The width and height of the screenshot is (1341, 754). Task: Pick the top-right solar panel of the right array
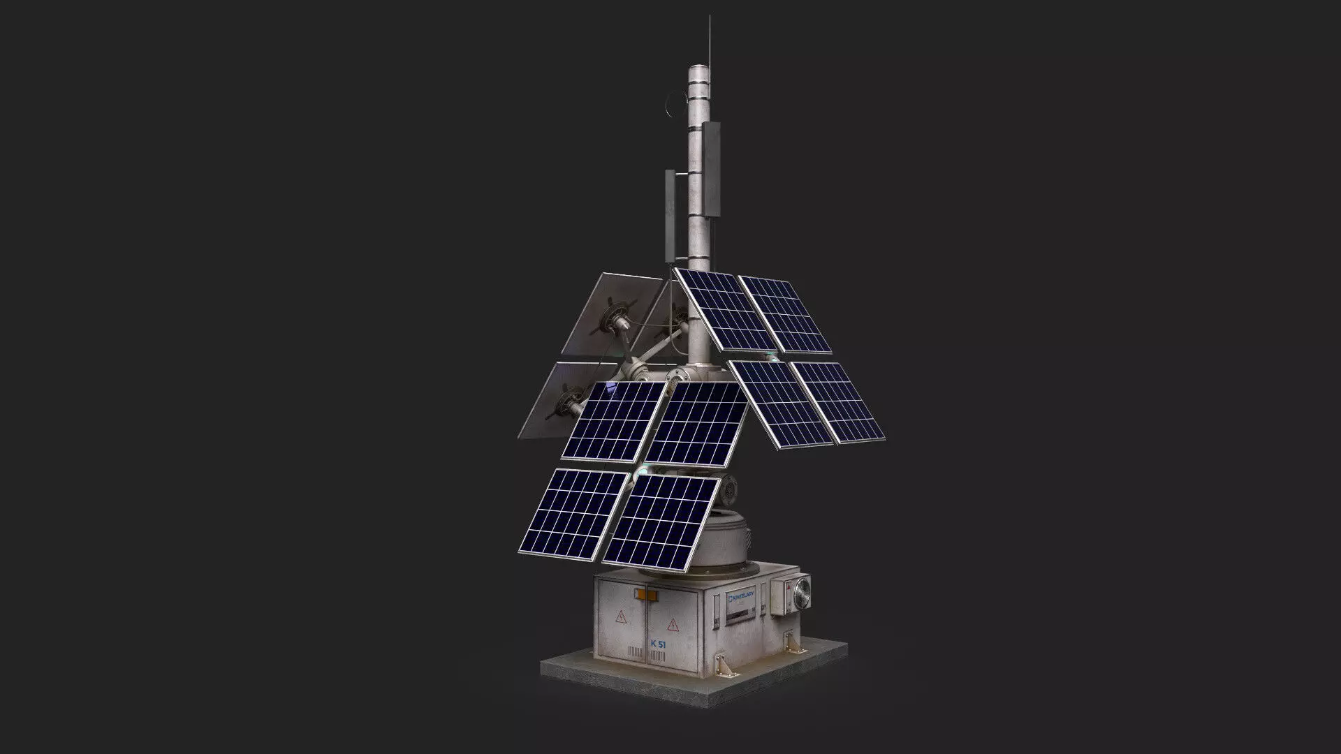click(786, 313)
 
